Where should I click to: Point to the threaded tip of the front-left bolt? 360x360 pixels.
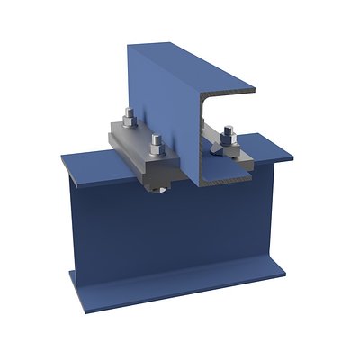(x=156, y=138)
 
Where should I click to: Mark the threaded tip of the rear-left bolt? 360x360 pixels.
(x=129, y=112)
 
